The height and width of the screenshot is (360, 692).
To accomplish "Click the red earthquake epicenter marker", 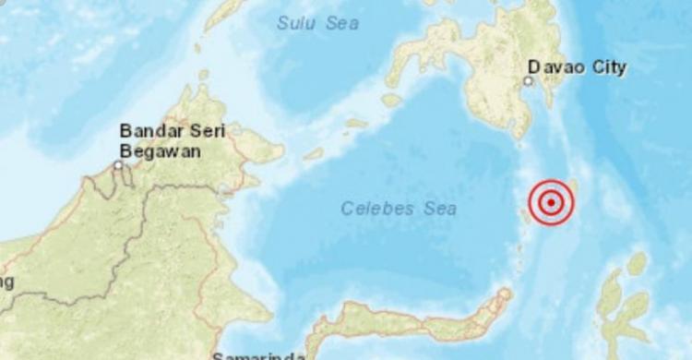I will (x=551, y=201).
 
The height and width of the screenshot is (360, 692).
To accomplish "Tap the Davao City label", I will (x=577, y=67).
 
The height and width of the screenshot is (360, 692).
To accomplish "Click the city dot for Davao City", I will (x=528, y=81).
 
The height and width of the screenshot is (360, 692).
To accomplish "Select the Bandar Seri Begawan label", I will (x=173, y=140).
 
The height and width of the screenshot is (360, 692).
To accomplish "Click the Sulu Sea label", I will (x=318, y=23).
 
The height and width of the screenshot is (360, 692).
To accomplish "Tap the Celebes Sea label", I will (x=399, y=209).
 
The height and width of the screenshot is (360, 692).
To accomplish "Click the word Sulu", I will (x=296, y=23).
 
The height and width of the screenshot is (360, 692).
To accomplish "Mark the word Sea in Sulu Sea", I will (x=341, y=23).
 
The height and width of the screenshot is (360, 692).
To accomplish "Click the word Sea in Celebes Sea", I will (x=439, y=209).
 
